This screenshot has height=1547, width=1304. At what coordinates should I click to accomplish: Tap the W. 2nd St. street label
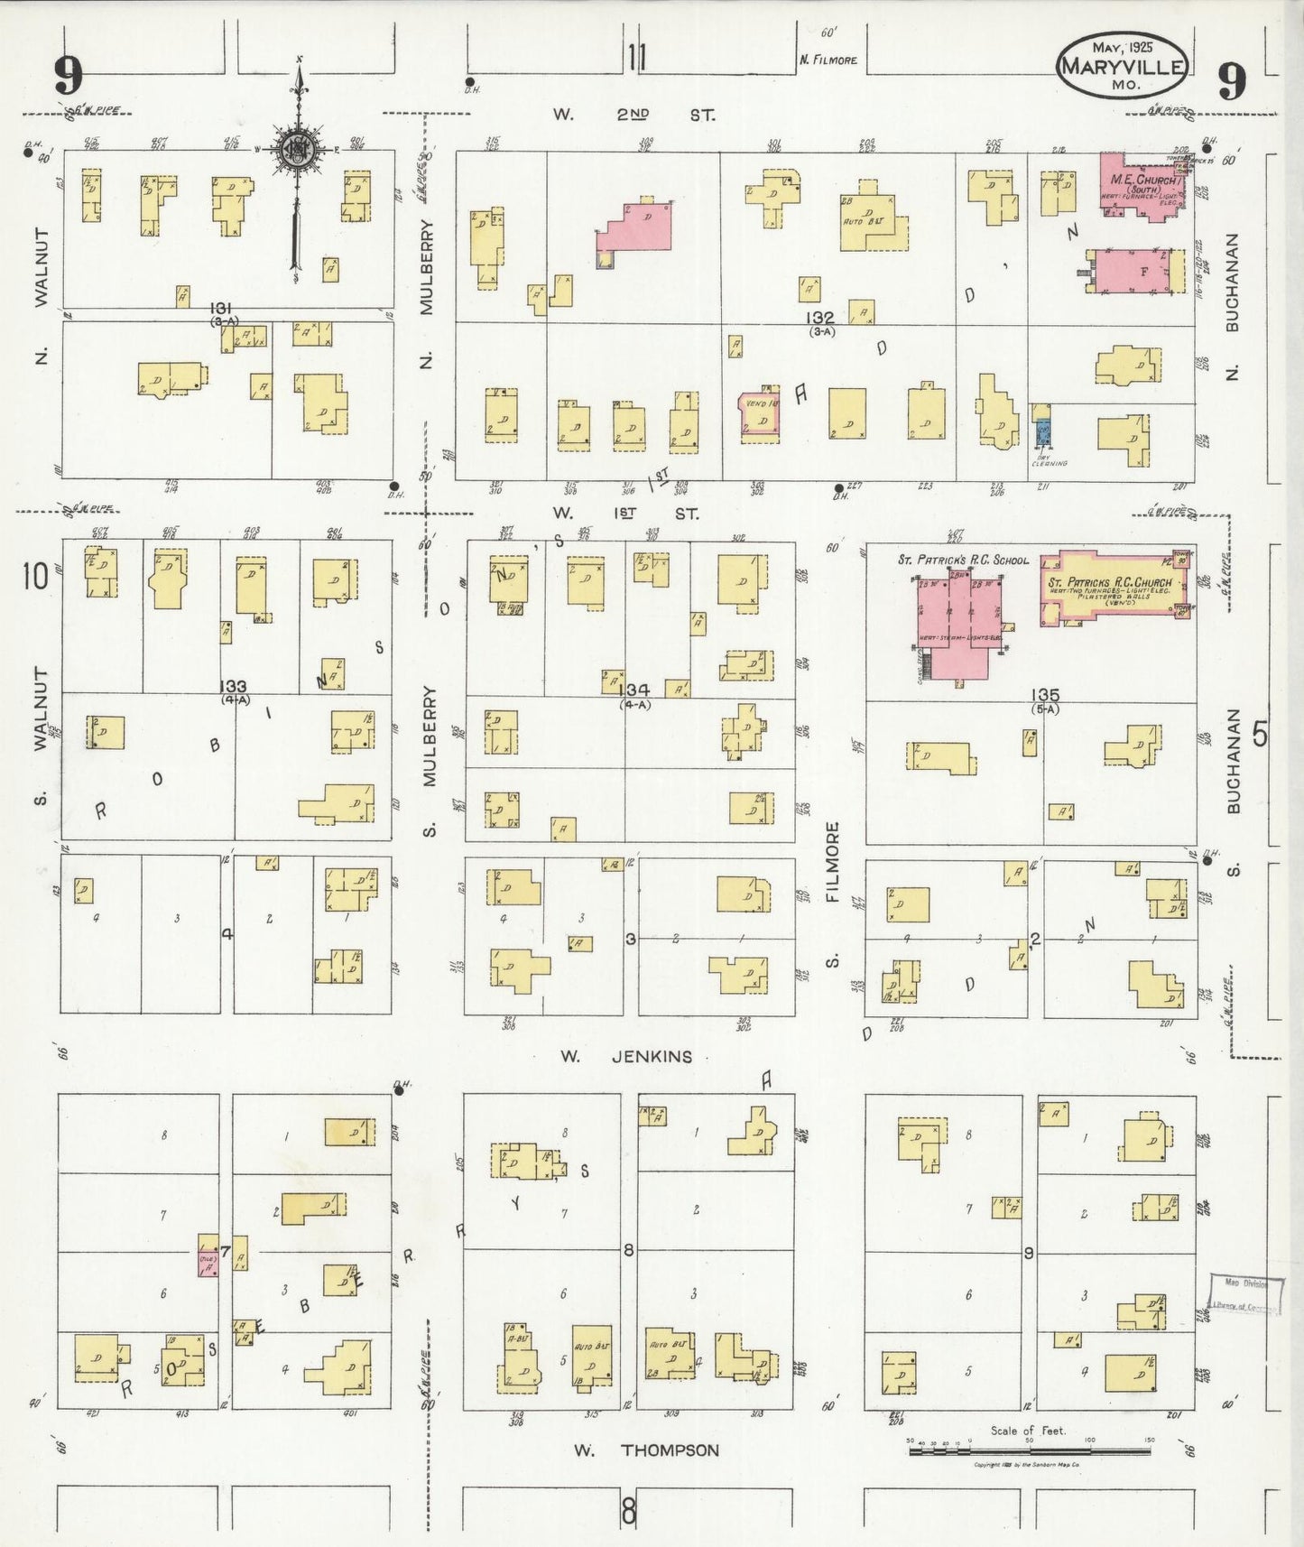coord(634,115)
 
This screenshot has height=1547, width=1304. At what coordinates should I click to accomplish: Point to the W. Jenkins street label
coord(625,1056)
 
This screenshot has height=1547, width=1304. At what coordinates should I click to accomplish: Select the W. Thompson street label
coord(647,1450)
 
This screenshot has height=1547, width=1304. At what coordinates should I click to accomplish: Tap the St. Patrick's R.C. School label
coord(962,560)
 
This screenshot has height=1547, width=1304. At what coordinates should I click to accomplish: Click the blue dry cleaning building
coord(1043,433)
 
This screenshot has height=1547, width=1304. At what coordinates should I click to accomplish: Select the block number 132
coord(820,318)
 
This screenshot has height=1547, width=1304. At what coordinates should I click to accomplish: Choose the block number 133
coord(233,687)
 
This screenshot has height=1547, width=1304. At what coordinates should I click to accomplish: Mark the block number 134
coord(637,691)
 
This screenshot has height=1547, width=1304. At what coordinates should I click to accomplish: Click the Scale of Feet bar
coord(1029,1451)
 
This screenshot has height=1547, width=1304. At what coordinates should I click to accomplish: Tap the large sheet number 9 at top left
coord(68,75)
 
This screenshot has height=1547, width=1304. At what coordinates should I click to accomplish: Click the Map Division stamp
coord(1244,1294)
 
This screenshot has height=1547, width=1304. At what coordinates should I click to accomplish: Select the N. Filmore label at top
coord(828,60)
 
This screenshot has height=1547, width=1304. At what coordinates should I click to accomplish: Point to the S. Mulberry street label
coord(429,759)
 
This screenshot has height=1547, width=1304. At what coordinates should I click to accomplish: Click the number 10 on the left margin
coord(36,575)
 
